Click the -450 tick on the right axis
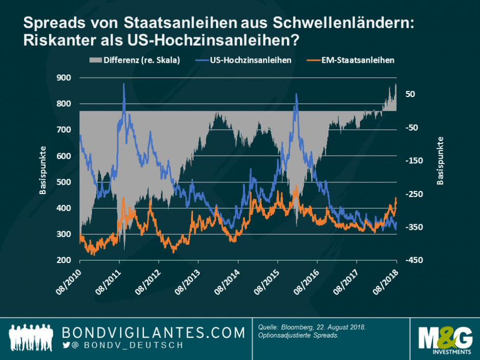[414, 260]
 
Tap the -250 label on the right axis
[414, 194]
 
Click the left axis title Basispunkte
[43, 170]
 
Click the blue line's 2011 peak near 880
[124, 84]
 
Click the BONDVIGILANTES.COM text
[153, 332]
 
